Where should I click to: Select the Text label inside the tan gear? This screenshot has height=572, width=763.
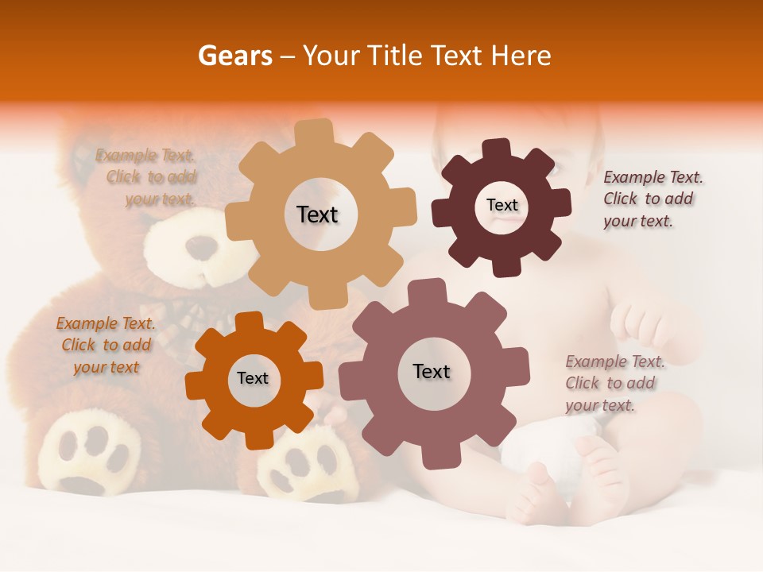[x=317, y=214]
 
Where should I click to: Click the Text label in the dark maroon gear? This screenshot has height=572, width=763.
[x=502, y=205]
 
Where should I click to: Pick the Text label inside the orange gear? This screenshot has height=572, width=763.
[x=253, y=379]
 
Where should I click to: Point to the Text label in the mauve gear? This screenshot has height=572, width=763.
[x=432, y=372]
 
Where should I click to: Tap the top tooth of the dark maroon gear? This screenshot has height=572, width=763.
[x=497, y=149]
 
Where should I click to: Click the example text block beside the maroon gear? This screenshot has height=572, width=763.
[x=652, y=199]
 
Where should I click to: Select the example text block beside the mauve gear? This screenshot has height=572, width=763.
[x=614, y=384]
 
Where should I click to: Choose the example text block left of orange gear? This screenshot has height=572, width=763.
[x=106, y=345]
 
